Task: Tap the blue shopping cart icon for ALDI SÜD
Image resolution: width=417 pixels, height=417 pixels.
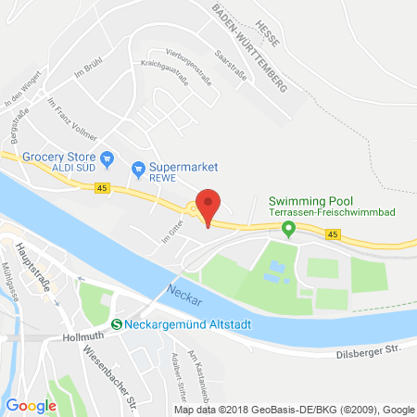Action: (x=107, y=158)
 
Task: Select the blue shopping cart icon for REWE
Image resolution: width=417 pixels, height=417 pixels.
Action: (x=138, y=168)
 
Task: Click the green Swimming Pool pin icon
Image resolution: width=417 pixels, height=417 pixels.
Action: (x=288, y=228)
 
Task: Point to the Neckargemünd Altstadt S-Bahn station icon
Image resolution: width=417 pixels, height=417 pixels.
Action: (x=117, y=323)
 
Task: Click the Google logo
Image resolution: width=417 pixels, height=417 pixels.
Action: (x=32, y=404)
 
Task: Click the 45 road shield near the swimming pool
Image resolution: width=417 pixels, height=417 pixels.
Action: (x=332, y=234)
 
